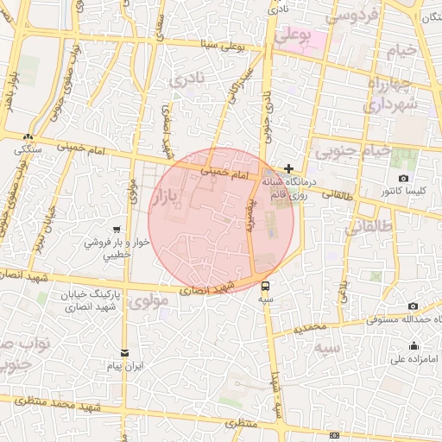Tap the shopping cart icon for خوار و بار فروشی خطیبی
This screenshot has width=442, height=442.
116,230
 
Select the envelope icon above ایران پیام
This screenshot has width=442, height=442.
124,353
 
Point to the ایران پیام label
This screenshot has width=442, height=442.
124,367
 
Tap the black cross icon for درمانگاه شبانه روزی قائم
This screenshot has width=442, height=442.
288,167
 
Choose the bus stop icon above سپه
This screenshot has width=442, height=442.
265,286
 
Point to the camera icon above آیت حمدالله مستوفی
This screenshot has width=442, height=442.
413,306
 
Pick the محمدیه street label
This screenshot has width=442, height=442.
311,329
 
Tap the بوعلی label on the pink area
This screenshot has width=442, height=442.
293,35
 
